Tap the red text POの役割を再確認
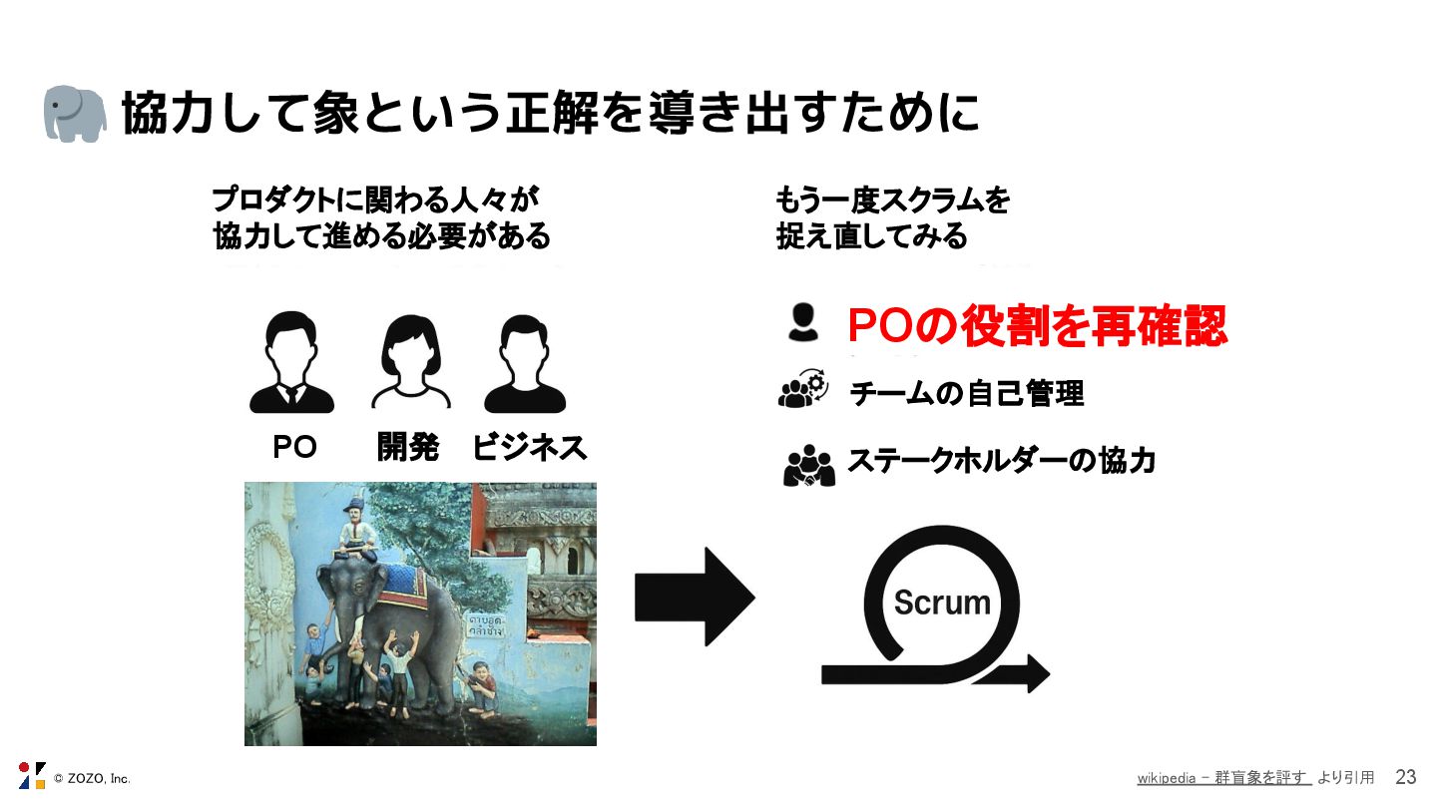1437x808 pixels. [1037, 325]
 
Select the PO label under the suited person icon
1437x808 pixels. [294, 448]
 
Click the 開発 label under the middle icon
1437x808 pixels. [408, 448]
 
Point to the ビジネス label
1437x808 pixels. [530, 448]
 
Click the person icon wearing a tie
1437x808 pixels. [291, 363]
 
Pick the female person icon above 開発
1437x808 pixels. [410, 363]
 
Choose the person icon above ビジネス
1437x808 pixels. [525, 363]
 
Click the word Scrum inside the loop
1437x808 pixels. [942, 603]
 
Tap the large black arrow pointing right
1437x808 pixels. [695, 597]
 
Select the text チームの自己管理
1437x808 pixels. [966, 394]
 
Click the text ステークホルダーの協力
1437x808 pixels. [1001, 461]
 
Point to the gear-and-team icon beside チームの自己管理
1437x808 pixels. [802, 390]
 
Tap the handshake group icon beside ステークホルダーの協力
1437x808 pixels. [808, 465]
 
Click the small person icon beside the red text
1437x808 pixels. [802, 323]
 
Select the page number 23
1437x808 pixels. [1405, 778]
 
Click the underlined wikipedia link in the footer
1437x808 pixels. [1223, 778]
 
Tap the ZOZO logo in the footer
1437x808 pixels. [32, 775]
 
